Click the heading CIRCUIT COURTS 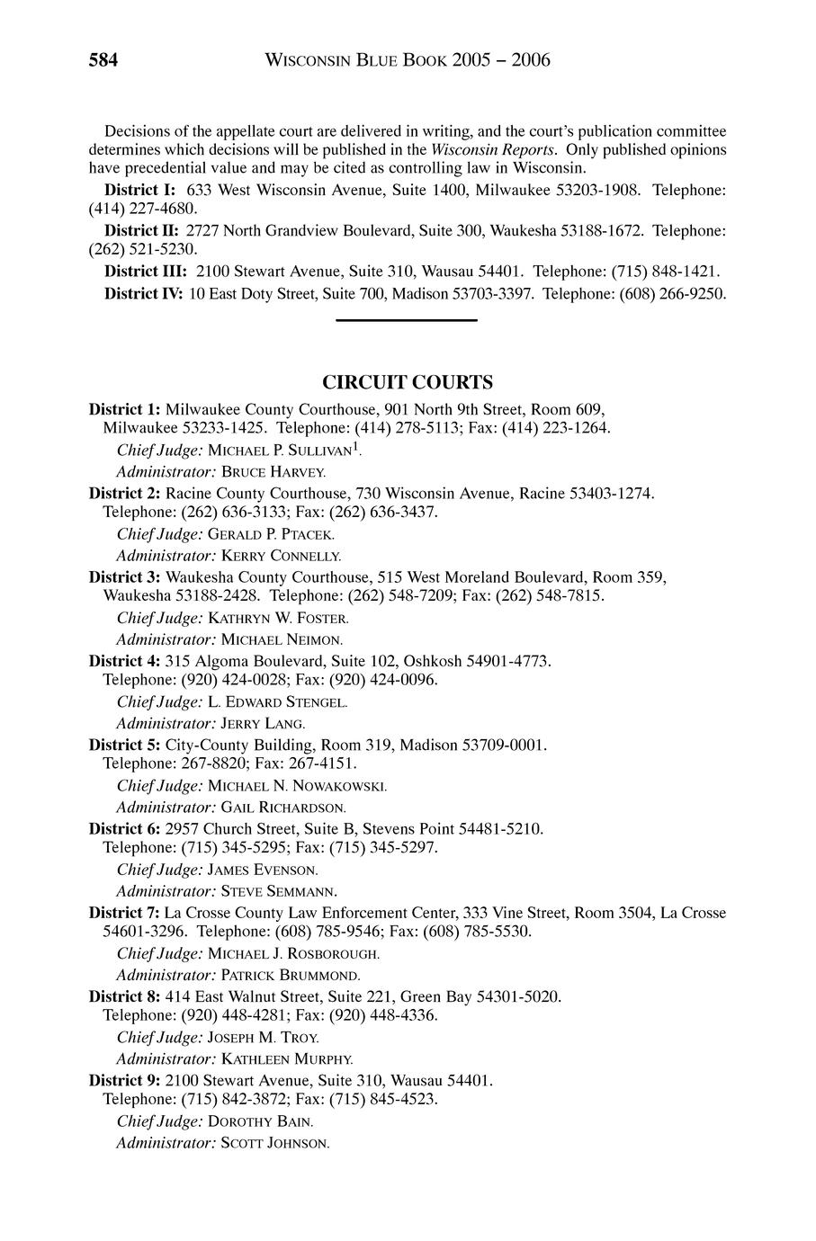(408, 382)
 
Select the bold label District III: (146, 271)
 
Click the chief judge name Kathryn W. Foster (278, 618)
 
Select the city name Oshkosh (435, 661)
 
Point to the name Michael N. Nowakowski (297, 786)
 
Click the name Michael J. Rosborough (293, 953)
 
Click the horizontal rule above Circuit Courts (406, 319)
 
